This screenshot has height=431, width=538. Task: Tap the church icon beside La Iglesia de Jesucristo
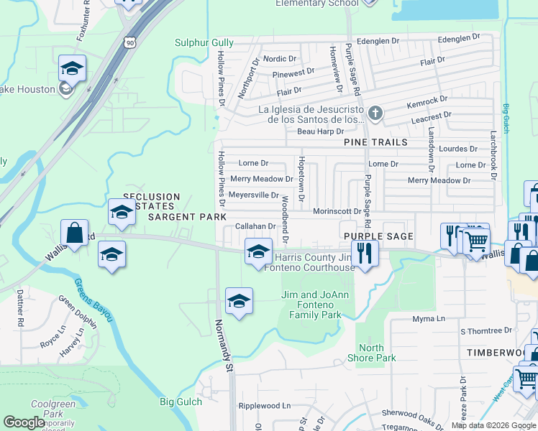375,113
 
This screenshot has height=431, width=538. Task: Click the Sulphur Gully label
204,43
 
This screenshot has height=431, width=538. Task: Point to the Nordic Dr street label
280,58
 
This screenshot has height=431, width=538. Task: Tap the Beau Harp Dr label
320,131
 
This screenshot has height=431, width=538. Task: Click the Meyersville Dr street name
253,195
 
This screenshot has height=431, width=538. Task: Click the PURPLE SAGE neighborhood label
378,236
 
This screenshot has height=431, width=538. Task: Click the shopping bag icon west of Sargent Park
75,233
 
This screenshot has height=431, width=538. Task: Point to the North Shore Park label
377,353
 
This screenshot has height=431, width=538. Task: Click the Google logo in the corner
24,422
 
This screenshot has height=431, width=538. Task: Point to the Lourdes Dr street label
458,149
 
